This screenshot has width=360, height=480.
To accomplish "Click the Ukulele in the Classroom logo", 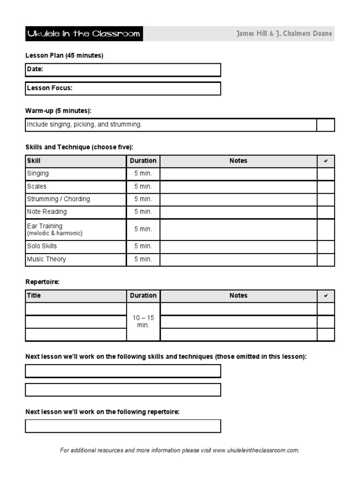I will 84,34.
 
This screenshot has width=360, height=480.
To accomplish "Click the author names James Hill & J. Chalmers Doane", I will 285,34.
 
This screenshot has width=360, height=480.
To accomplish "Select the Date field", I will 123,70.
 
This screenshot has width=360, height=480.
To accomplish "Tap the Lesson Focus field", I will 123,88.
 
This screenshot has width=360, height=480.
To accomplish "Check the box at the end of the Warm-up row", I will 326,125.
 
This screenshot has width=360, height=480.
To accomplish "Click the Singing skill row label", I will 38,173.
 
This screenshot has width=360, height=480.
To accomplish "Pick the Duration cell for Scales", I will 143,187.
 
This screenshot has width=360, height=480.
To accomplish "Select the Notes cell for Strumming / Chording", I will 238,199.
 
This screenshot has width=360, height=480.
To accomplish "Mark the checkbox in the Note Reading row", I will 326,212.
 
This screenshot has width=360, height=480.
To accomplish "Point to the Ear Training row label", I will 45,226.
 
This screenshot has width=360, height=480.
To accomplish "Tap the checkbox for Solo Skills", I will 326,247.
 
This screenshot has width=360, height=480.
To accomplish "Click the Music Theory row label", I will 46,259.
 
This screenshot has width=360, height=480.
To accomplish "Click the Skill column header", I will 34,161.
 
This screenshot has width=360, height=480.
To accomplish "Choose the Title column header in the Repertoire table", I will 34,296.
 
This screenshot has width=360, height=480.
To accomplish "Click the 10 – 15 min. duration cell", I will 143,322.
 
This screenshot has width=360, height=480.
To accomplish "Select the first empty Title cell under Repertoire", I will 75,309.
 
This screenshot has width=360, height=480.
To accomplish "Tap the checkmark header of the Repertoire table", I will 326,296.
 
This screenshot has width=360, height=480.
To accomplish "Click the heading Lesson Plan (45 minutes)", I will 64,56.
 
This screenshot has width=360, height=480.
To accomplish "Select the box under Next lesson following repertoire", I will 123,426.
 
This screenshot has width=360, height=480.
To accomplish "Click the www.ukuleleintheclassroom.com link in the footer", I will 255,450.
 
